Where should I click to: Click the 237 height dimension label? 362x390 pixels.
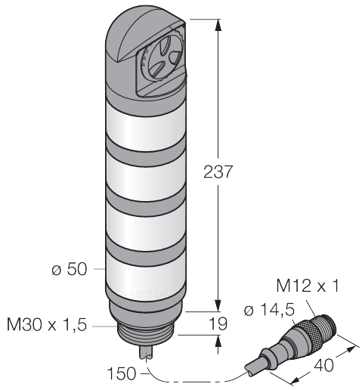click(x=217, y=172)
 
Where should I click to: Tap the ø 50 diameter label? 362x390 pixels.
click(x=70, y=269)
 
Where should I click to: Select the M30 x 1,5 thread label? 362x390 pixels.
click(x=47, y=324)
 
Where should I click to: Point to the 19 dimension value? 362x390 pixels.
click(x=218, y=323)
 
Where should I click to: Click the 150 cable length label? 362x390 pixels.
click(x=122, y=373)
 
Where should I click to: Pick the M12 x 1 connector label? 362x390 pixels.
click(x=308, y=286)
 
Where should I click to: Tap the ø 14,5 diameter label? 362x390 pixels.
click(x=269, y=310)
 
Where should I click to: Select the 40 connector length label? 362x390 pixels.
click(x=323, y=365)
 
